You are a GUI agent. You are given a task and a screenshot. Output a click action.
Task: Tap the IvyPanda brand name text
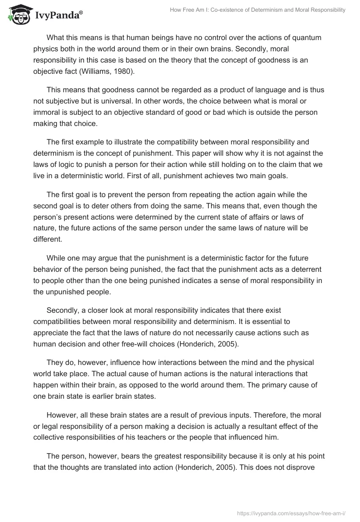[x=56, y=16]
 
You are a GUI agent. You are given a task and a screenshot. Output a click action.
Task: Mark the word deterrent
[x=304, y=268]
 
